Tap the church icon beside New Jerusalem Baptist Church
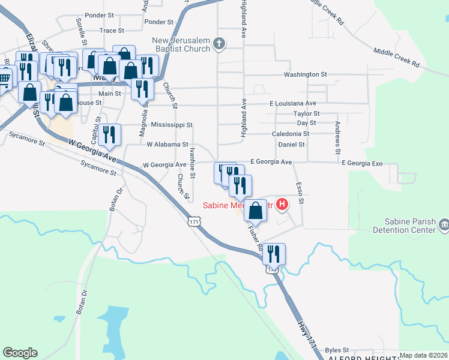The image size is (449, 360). point(219,43)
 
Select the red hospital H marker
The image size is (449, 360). point(282,205)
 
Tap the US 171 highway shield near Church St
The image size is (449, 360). point(193,222)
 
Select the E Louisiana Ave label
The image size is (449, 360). point(292,103)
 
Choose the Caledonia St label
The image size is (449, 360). point(290,134)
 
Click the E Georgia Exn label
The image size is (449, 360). point(361,163)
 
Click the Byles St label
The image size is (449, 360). point(337,349)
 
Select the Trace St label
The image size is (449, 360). point(112,30)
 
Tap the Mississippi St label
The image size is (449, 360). point(172,125)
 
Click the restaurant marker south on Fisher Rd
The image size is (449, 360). point(274,253)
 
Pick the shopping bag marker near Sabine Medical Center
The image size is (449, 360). point(256,210)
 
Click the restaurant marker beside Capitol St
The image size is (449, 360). point(109,134)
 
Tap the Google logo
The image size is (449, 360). point(20,353)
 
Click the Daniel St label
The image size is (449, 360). point(292,145)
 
